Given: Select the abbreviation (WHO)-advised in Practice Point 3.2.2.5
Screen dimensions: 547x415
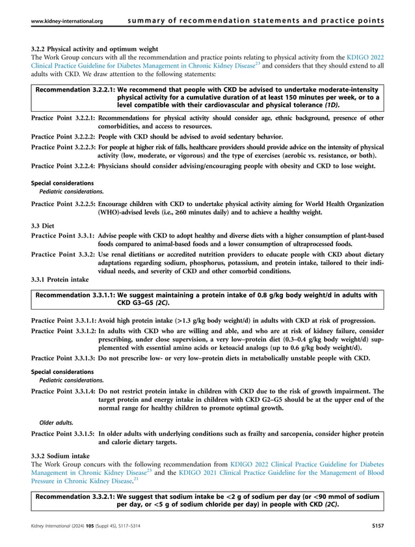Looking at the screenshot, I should coord(118,212).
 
